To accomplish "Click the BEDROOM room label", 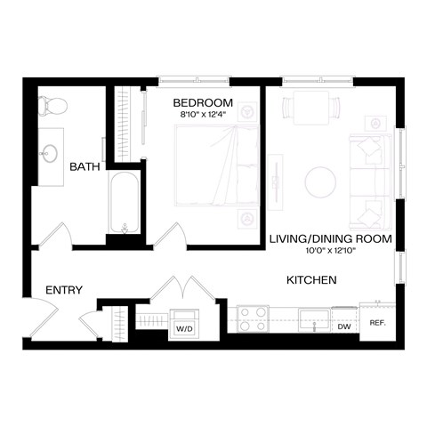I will (203, 102).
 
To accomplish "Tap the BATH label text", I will (85, 166).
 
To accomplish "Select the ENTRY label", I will (63, 289).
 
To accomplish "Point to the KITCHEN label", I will (310, 280).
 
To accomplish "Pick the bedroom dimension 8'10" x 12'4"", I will (203, 115).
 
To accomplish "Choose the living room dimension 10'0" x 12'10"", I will (328, 250).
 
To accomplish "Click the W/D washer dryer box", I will (185, 321).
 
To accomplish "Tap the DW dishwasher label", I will (343, 326).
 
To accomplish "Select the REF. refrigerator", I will (376, 323).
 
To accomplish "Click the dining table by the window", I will (310, 109).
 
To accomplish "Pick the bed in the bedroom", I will (216, 170).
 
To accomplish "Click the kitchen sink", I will (314, 318).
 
